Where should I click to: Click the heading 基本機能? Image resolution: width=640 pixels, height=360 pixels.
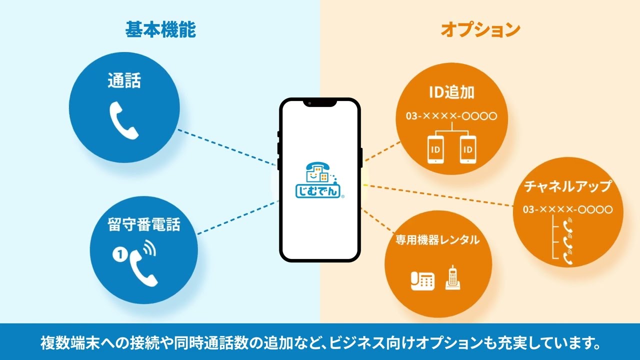[160, 29]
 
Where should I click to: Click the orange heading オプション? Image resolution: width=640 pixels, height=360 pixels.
[480, 29]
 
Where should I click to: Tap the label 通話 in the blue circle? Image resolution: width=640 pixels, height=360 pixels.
[124, 80]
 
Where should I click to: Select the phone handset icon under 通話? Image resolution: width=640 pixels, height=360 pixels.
[124, 120]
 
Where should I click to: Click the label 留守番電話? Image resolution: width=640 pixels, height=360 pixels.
[144, 224]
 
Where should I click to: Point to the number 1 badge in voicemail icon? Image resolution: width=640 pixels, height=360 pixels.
[119, 254]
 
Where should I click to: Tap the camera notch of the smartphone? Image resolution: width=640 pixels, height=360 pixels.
[319, 103]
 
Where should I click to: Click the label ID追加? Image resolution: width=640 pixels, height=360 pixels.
[451, 92]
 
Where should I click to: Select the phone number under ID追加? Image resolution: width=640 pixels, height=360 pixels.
[451, 116]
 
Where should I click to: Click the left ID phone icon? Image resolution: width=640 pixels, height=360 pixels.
[435, 149]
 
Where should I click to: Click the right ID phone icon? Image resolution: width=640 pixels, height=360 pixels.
[467, 149]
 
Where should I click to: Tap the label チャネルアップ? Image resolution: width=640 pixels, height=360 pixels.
[567, 186]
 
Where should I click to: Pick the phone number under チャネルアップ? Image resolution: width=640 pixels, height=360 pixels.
[567, 209]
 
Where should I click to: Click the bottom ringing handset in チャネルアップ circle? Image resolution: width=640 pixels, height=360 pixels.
[568, 257]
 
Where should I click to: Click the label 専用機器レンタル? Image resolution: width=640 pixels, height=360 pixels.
[437, 239]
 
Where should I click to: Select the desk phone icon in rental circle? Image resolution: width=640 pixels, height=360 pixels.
[422, 280]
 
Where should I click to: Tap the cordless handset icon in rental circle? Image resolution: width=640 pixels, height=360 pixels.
[452, 277]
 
